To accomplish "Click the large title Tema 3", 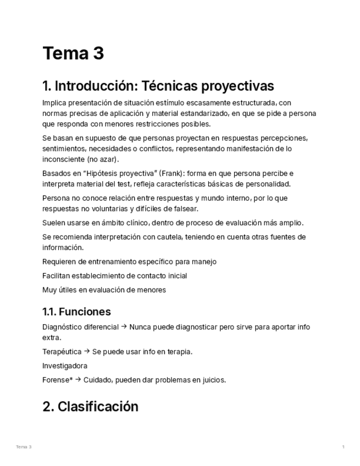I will (73, 53).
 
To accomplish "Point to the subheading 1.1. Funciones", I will (76, 312).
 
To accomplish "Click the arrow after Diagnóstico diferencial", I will (124, 327).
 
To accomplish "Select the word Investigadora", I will (65, 365).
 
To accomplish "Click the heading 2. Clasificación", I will (90, 407).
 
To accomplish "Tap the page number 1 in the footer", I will (343, 447).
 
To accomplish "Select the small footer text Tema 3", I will (24, 447).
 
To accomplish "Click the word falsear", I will (185, 209).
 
